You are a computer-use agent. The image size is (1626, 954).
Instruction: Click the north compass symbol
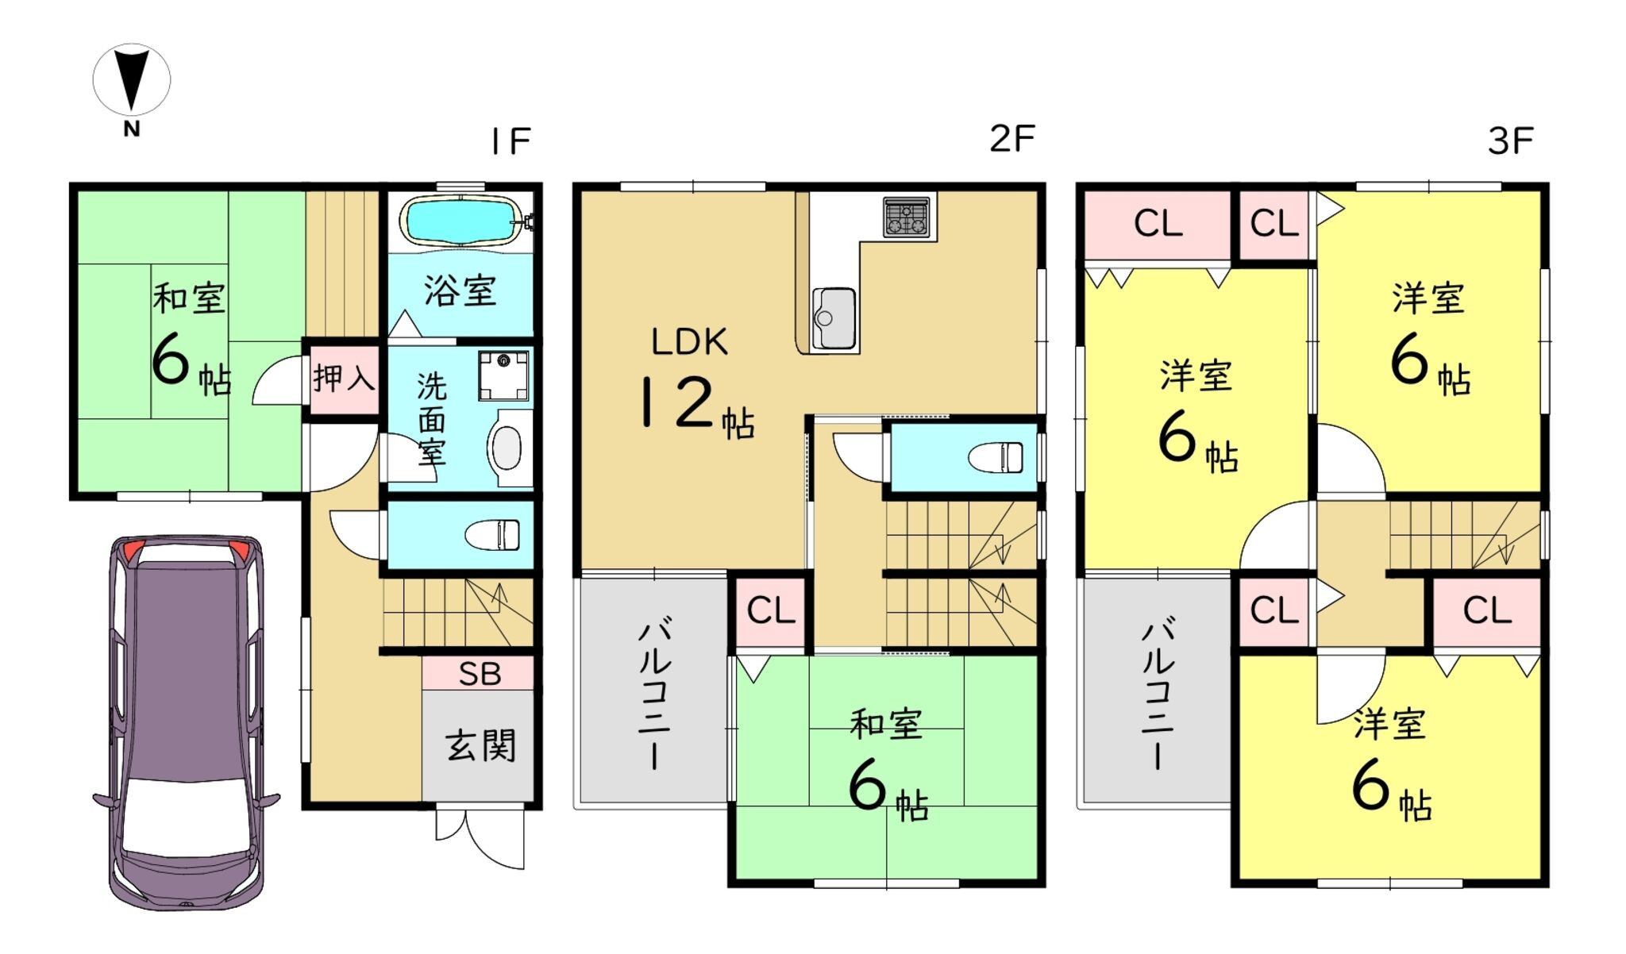tap(131, 87)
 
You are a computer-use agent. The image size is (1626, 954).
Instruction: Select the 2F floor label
tap(1012, 139)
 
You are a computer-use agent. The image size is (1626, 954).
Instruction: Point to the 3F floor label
tap(1510, 141)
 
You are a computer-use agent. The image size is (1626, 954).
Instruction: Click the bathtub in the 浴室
tap(462, 220)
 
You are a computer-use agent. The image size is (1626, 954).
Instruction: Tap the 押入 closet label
tap(344, 378)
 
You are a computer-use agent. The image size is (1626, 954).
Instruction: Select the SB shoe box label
tap(480, 674)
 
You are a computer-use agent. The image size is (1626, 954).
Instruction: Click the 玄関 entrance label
tap(480, 745)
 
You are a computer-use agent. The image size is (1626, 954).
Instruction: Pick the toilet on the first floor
tap(492, 535)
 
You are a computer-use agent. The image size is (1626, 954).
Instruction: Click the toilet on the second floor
tap(996, 458)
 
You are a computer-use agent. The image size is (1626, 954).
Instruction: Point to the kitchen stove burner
tap(907, 217)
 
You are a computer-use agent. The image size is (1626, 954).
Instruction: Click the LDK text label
tap(689, 342)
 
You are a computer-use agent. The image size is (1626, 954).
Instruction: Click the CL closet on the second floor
tap(770, 611)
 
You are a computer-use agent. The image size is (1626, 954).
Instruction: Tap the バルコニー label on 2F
tap(655, 694)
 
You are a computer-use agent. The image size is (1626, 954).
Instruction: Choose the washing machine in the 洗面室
tap(503, 376)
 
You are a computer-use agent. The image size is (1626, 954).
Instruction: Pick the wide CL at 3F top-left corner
tap(1158, 225)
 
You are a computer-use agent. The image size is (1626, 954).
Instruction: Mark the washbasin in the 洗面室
tap(508, 448)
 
